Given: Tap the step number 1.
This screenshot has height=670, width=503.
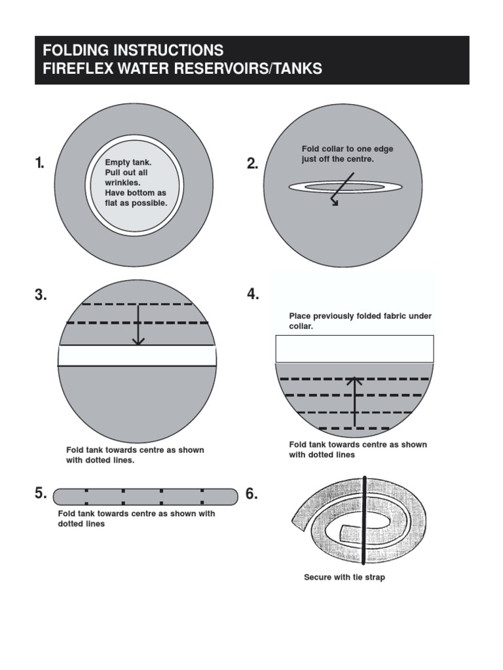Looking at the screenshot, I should (x=40, y=164).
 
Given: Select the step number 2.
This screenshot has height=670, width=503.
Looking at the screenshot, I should (x=253, y=164).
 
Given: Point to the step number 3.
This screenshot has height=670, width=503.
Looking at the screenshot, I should (x=41, y=295).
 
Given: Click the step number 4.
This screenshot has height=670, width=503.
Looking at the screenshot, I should (x=253, y=294).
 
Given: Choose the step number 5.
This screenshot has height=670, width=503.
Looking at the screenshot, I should (x=41, y=494).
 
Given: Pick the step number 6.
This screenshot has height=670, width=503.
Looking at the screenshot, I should (x=252, y=494).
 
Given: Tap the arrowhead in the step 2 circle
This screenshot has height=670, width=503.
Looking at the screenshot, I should (x=336, y=203).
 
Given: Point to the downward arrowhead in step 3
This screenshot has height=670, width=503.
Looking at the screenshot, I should (x=138, y=341).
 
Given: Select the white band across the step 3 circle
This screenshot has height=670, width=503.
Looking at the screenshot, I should (x=137, y=355).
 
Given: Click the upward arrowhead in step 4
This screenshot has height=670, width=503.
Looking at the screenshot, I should (x=354, y=379).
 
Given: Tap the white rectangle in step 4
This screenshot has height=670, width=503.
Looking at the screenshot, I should (x=354, y=349).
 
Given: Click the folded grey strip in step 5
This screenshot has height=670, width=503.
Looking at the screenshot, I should (x=145, y=497).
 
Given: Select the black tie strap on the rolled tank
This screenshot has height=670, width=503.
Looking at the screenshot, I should (x=362, y=520).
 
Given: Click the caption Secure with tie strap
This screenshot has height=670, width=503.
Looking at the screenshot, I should (x=345, y=578).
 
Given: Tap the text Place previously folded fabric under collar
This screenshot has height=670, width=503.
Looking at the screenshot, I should (x=360, y=321).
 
